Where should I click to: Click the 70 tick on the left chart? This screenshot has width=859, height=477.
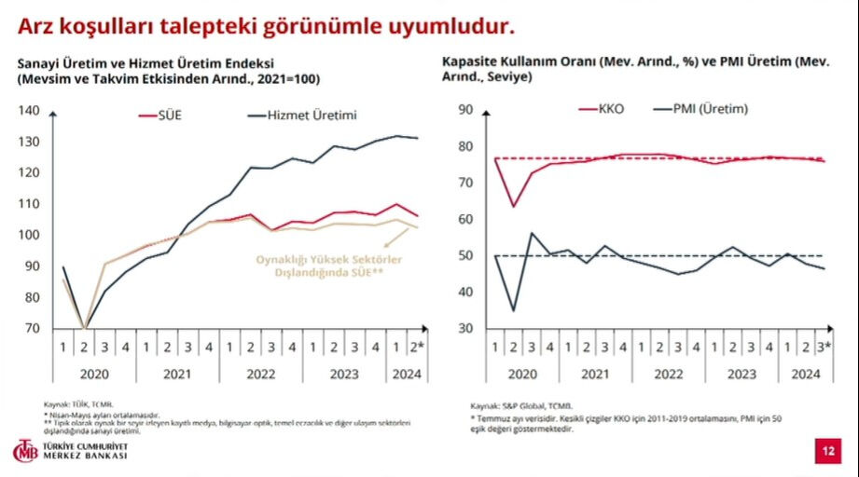pyautogui.click(x=33, y=328)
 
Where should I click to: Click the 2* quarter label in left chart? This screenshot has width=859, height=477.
pyautogui.click(x=416, y=348)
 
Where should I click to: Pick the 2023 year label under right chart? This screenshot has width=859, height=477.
pyautogui.click(x=741, y=374)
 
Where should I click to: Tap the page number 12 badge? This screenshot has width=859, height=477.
pyautogui.click(x=825, y=452)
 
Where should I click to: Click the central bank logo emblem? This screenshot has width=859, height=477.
pyautogui.click(x=24, y=451)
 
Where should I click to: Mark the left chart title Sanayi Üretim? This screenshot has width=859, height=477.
pyautogui.click(x=131, y=63)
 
